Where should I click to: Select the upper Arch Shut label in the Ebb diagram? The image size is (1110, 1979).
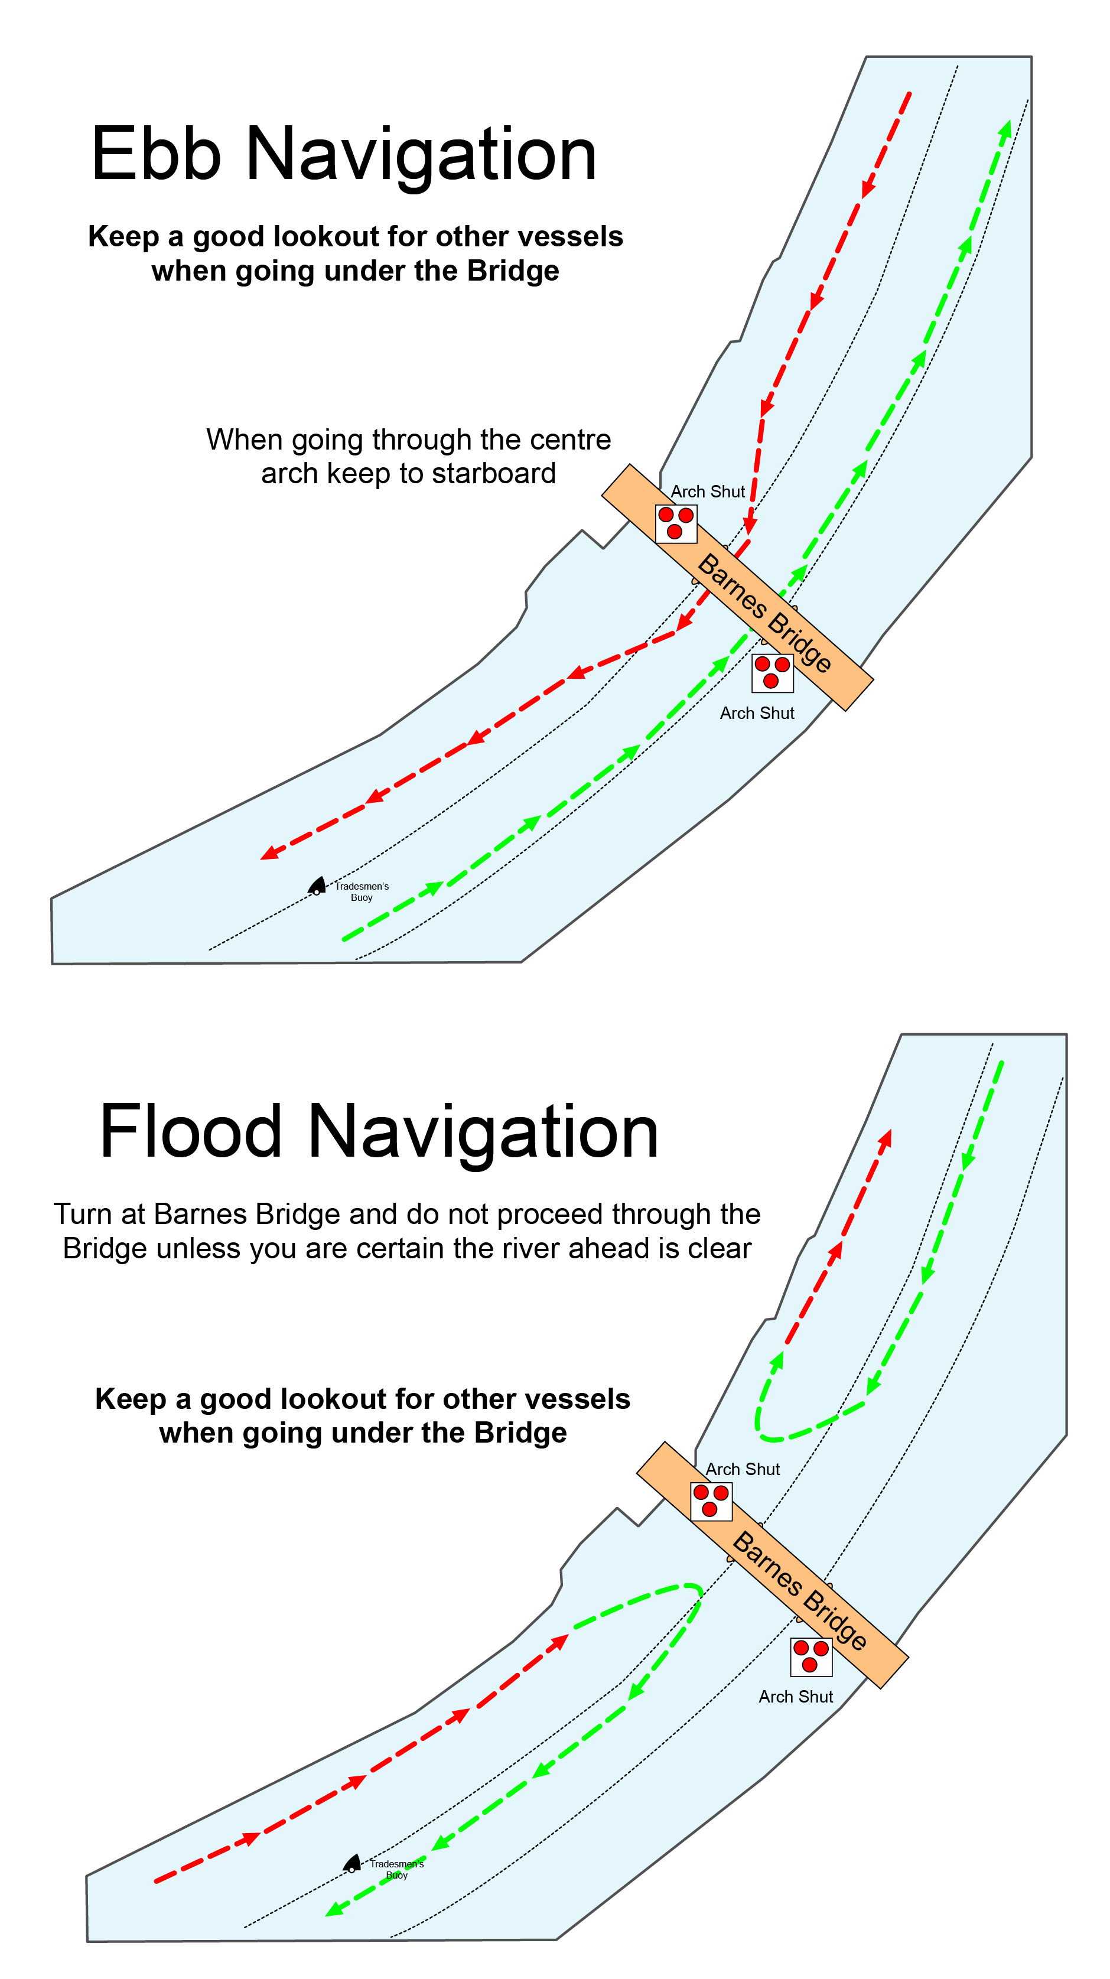(x=708, y=492)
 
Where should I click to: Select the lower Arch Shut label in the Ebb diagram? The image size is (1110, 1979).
(x=757, y=713)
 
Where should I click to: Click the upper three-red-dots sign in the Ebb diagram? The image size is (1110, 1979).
(x=676, y=524)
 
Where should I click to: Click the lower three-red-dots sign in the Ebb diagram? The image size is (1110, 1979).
(x=772, y=673)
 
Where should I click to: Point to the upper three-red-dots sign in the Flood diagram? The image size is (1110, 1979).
(x=711, y=1501)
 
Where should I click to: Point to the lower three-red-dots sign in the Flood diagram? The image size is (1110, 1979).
(x=811, y=1657)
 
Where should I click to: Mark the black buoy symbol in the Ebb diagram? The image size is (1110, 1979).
(x=317, y=886)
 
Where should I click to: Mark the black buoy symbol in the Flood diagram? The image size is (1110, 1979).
(x=352, y=1863)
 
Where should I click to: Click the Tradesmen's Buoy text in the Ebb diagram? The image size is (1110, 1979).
(x=362, y=891)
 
